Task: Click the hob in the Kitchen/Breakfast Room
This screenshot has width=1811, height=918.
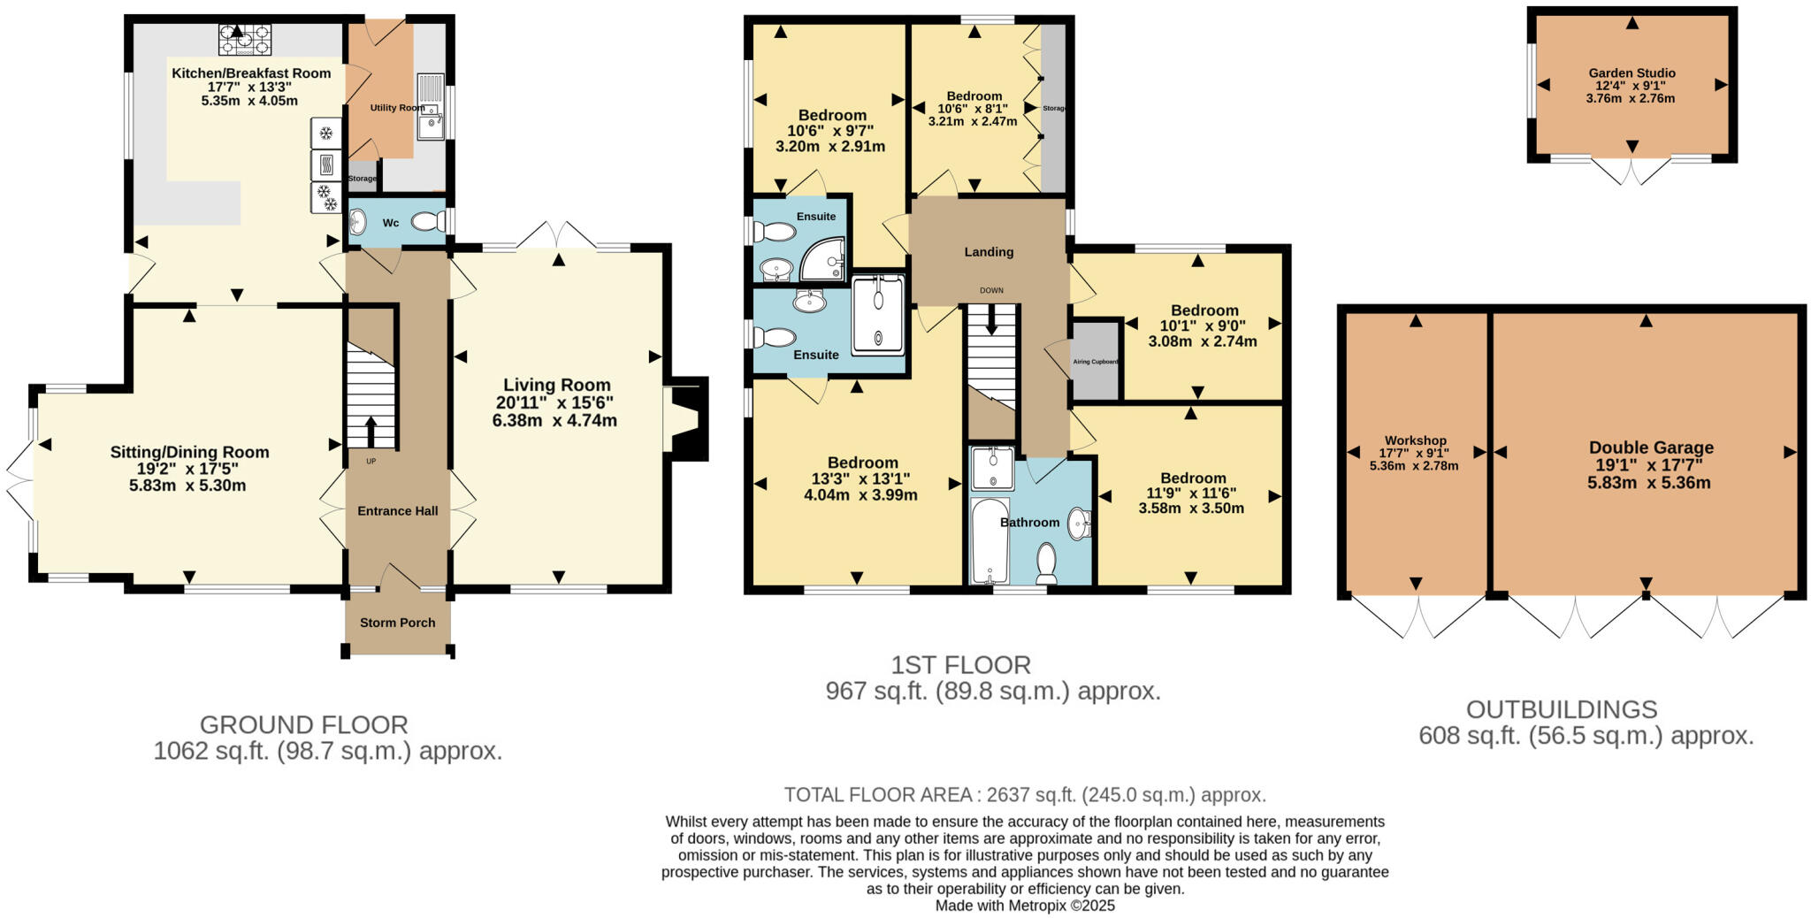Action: (x=246, y=39)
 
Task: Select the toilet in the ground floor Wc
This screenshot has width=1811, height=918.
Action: (x=428, y=221)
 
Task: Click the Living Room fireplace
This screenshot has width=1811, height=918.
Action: (x=685, y=418)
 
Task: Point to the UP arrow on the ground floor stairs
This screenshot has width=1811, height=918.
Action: (x=370, y=432)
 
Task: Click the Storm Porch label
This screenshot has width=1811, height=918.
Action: (x=397, y=623)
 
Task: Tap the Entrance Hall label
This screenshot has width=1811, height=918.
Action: (x=397, y=510)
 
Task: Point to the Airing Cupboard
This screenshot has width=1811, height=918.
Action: (x=1096, y=361)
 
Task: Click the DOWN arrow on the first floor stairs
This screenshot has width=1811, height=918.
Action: (x=991, y=319)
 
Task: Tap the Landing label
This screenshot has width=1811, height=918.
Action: (x=989, y=252)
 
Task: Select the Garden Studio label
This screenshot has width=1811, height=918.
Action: (x=1631, y=73)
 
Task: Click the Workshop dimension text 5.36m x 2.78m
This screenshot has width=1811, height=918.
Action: (x=1414, y=465)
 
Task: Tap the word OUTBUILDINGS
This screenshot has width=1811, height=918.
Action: (x=1561, y=709)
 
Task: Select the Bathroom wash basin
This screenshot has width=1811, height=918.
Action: (x=1079, y=524)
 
